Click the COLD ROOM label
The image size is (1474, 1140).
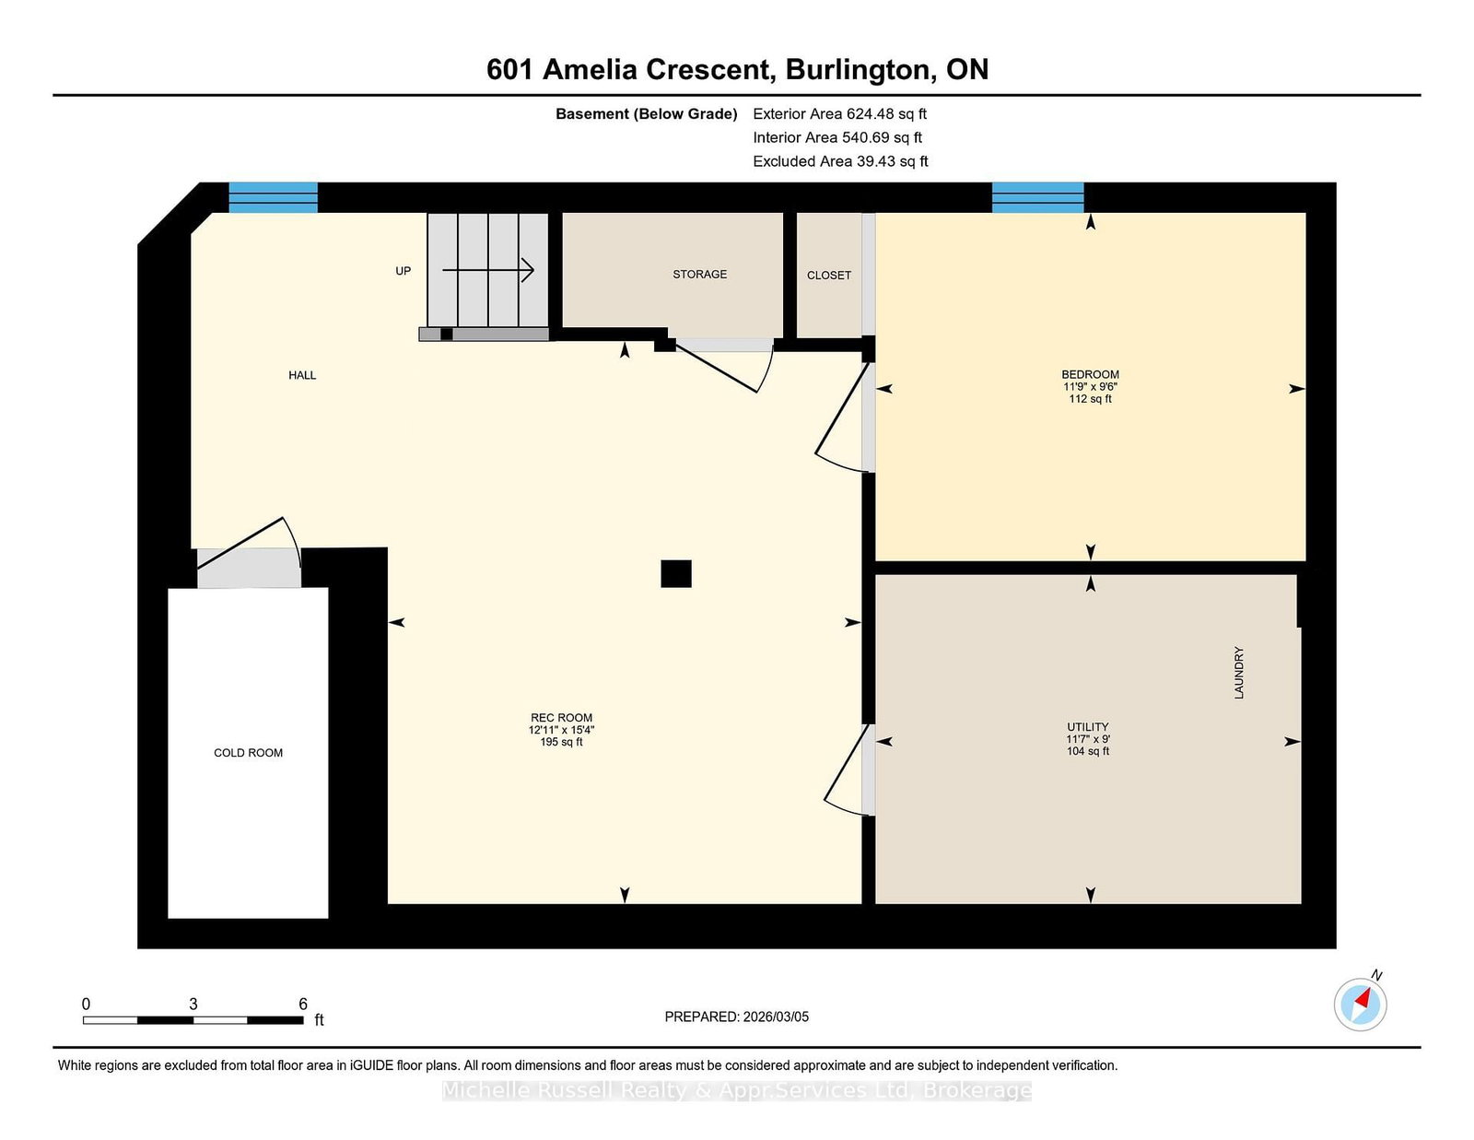[x=248, y=753]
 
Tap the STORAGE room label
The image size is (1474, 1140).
[x=699, y=274]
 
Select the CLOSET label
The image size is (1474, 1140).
[x=828, y=275]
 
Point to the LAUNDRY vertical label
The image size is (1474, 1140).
[x=1239, y=673]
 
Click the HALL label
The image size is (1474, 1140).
[x=302, y=375]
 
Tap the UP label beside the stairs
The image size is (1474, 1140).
[x=403, y=271]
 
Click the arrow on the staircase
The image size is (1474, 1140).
[x=487, y=270]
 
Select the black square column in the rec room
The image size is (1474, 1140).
[x=675, y=573]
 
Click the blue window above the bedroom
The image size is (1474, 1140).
[x=1037, y=197]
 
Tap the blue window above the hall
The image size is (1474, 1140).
[x=273, y=197]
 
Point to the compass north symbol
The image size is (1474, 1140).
[x=1360, y=1005]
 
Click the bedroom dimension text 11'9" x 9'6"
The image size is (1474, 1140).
[x=1090, y=387]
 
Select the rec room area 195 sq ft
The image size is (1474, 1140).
[x=561, y=743]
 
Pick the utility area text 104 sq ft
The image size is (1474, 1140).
[x=1088, y=751]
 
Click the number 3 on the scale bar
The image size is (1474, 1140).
[x=193, y=1005]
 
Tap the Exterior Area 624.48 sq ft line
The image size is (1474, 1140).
[x=840, y=114]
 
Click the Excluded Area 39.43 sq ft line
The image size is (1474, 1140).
[x=840, y=161]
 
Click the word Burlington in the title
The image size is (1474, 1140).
[x=858, y=70]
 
